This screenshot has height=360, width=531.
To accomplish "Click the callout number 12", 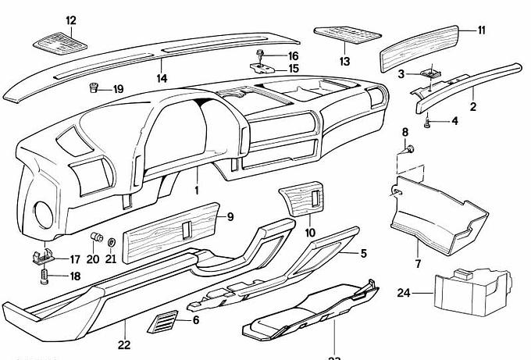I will [71, 20].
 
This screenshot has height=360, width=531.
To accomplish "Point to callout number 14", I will [162, 78].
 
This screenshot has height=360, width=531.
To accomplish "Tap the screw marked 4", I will [428, 121].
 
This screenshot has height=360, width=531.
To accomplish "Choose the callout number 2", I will [472, 105].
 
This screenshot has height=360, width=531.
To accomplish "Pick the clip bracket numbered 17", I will [45, 255].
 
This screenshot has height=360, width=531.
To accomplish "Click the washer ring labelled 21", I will [111, 240].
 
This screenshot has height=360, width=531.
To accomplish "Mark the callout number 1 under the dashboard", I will [197, 190].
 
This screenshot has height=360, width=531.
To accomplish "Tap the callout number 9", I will [230, 216].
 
